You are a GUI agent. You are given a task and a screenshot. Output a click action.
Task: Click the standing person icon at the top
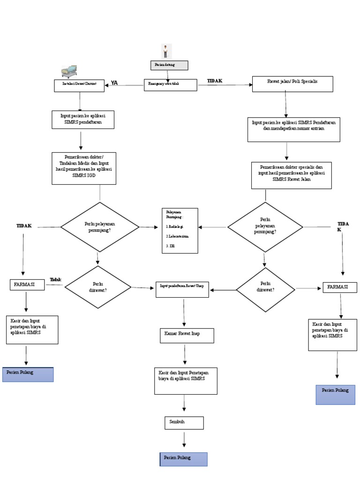(166, 51)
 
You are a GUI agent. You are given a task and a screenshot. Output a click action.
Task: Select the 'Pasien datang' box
(169, 65)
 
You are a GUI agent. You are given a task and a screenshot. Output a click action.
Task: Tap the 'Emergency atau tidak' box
(170, 84)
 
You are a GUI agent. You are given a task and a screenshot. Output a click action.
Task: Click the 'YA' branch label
(114, 83)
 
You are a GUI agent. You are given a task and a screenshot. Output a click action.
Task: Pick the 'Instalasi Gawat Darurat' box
(79, 85)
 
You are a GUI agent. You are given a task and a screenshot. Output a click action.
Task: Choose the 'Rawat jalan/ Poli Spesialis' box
(292, 83)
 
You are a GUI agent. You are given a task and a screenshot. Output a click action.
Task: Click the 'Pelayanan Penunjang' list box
(180, 231)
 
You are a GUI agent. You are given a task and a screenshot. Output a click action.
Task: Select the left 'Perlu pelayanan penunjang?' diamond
(100, 227)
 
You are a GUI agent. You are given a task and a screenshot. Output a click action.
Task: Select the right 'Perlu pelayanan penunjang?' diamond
(265, 227)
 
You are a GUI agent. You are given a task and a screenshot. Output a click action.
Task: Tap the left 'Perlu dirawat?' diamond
(98, 287)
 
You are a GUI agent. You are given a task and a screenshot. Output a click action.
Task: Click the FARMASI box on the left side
(27, 285)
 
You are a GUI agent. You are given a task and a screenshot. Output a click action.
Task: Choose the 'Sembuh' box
(184, 422)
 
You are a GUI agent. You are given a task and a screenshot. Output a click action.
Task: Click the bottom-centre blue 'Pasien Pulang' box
(183, 459)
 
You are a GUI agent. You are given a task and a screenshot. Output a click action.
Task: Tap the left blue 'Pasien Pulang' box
(28, 375)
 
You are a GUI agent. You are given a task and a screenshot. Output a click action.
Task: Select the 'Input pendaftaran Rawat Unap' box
(183, 290)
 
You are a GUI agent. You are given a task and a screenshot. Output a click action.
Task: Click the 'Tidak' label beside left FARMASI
(55, 280)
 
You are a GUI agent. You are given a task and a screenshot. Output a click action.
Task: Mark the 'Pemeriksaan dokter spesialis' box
(291, 175)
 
